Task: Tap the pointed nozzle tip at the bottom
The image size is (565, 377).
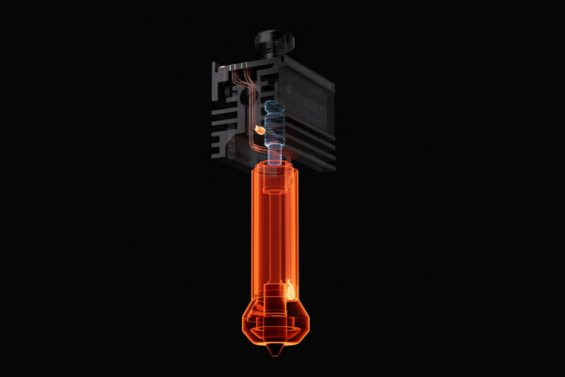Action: [273, 350]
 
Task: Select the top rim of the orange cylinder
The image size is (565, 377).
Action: [273, 166]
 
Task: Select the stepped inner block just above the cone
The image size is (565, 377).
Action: [273, 297]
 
